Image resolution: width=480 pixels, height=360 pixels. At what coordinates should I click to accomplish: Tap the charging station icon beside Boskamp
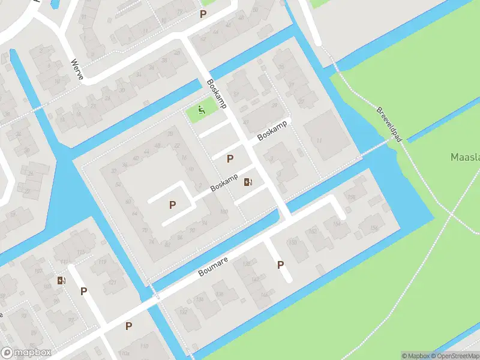pos(248,181)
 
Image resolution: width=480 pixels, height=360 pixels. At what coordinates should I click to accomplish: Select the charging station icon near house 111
pos(61,280)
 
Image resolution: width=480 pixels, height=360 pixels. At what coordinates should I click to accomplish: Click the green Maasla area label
pos(464,157)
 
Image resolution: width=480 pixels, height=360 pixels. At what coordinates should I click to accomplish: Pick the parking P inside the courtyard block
pos(173,205)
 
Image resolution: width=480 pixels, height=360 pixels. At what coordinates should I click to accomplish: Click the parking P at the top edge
pos(203,14)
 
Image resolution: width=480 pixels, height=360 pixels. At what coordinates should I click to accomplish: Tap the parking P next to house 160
pos(280,264)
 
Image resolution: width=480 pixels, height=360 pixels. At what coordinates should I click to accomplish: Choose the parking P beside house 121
pos(84,291)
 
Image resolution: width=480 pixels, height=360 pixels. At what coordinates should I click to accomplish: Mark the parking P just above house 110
pos(128,326)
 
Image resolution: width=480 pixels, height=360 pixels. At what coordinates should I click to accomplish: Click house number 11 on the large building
pos(319,140)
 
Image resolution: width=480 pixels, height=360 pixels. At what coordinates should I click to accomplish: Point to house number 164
pos(335,224)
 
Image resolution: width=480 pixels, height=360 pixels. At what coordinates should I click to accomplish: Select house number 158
pos(351,197)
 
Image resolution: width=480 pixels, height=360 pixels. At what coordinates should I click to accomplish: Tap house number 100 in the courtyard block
pos(224,211)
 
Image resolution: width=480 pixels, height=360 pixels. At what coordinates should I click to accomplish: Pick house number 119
pos(85,262)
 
